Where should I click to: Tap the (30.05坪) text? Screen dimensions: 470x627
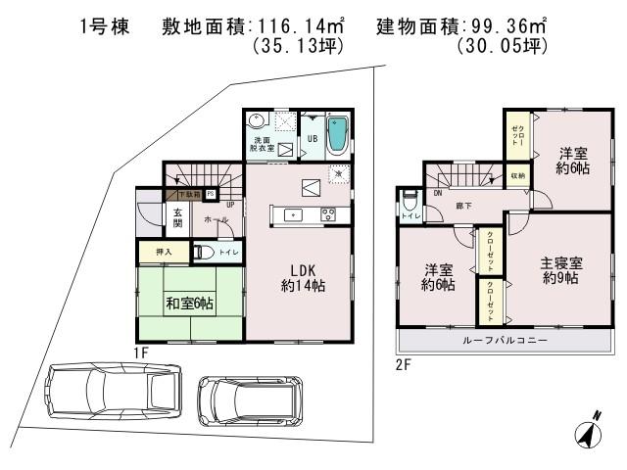tap(505, 46)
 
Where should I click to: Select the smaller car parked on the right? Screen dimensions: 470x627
tap(247, 400)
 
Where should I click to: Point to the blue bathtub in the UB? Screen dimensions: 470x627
tap(335, 138)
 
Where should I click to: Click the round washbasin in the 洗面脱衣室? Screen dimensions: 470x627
tap(257, 120)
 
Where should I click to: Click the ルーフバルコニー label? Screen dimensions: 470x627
tap(506, 341)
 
